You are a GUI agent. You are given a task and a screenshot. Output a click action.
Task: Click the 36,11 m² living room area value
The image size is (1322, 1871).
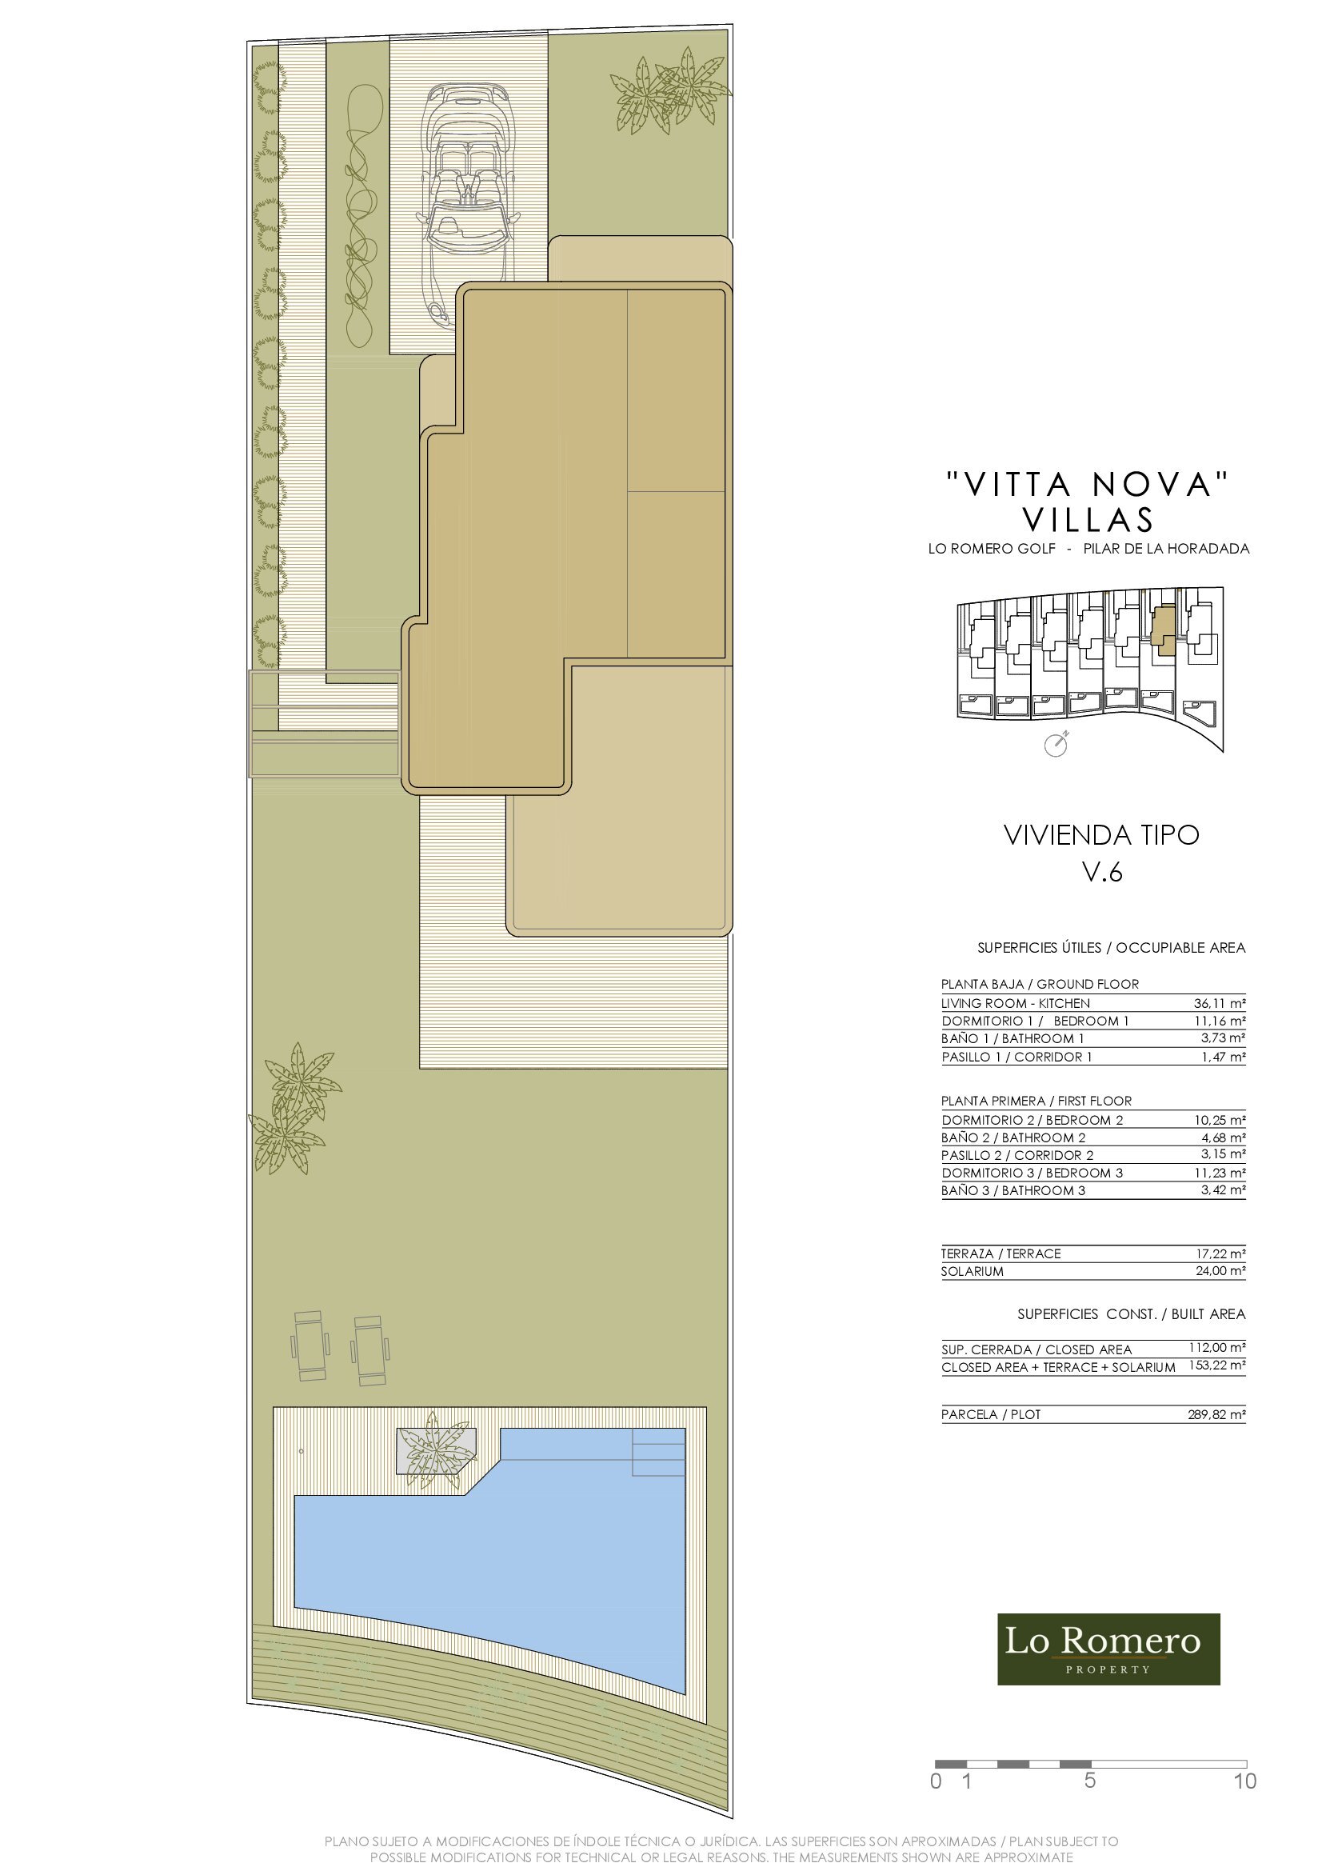click(x=1220, y=1003)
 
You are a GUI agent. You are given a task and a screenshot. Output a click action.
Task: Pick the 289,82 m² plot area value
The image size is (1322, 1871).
click(x=1217, y=1415)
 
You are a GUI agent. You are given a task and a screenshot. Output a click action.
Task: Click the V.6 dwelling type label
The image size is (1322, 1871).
click(x=1102, y=872)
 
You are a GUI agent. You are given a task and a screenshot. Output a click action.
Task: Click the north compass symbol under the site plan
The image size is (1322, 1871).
click(x=1056, y=745)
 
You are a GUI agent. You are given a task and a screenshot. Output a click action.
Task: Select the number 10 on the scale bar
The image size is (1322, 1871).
click(x=1245, y=1781)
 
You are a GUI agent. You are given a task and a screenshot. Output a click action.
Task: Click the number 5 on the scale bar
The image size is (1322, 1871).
click(x=1090, y=1781)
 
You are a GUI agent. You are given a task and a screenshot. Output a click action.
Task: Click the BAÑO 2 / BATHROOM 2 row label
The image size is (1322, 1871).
click(x=1013, y=1137)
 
